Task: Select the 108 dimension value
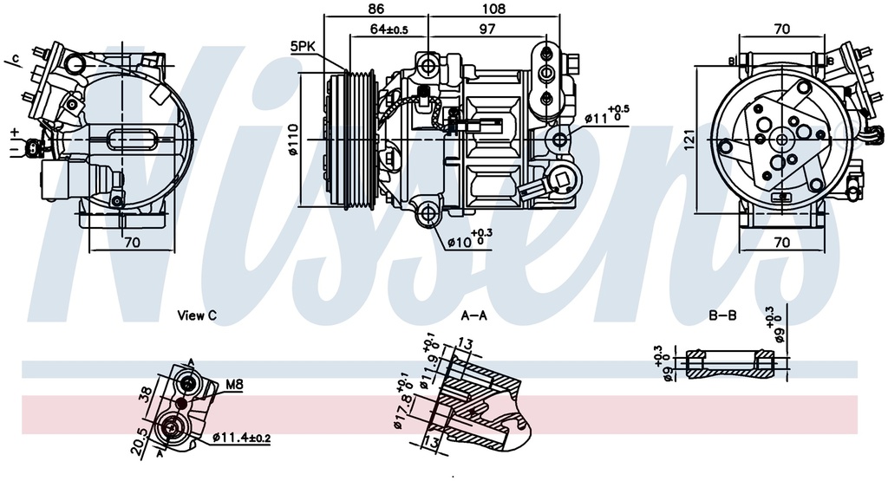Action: point(493,10)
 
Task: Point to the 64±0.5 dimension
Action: point(388,29)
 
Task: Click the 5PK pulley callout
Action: point(303,46)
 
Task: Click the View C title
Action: point(196,315)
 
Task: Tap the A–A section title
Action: point(473,315)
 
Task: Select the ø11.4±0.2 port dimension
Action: point(240,439)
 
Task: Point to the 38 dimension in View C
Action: point(146,394)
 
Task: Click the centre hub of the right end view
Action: point(781,140)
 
